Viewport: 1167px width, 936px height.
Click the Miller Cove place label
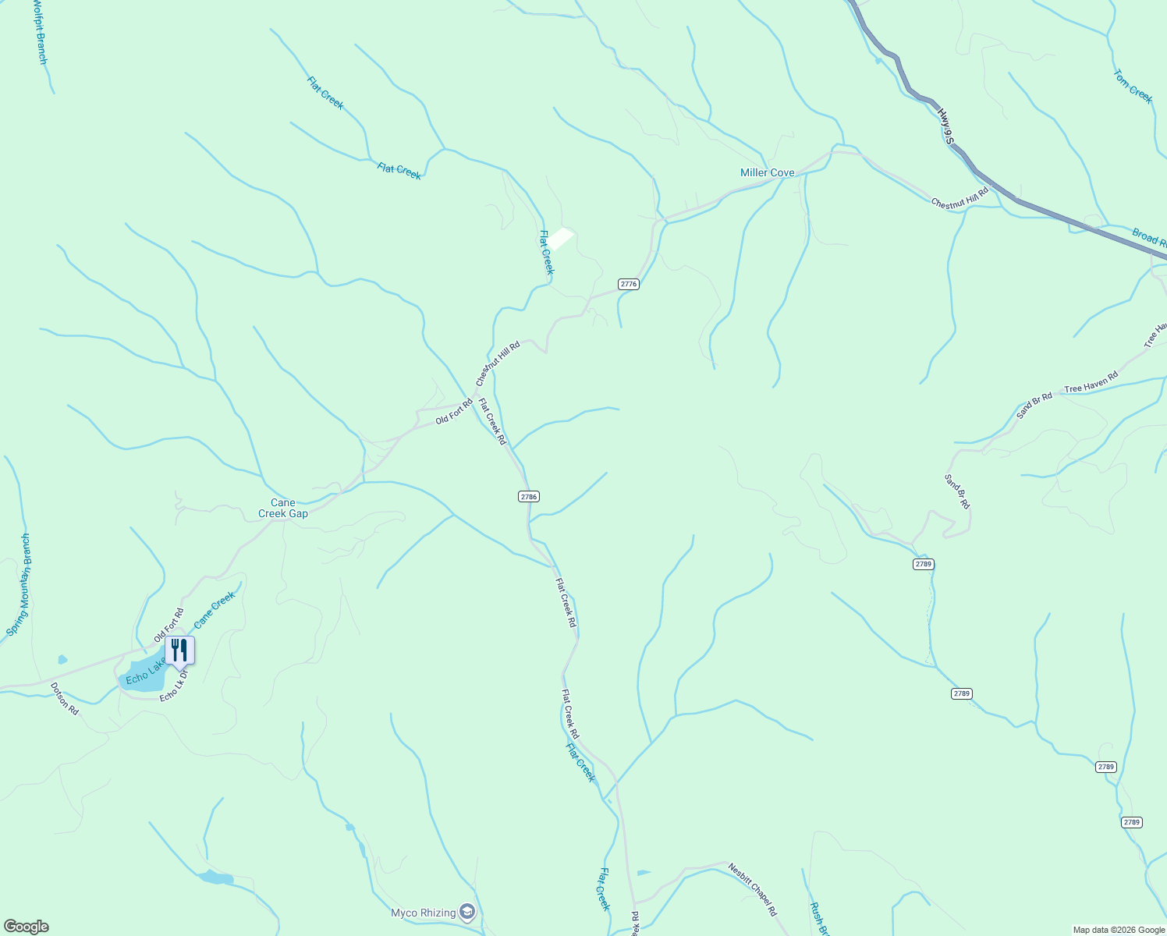pos(767,173)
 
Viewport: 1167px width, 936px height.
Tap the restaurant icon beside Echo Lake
pos(179,650)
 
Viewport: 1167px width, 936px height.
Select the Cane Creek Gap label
pos(283,509)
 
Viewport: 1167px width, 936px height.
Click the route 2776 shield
pos(629,284)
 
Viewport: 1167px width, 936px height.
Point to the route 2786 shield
pos(529,496)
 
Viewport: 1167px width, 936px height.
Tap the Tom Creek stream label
pos(1133,87)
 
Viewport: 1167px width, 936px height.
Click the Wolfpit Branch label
pos(40,32)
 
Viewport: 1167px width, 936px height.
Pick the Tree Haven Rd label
pos(1091,382)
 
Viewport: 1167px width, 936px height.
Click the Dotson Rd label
pos(65,699)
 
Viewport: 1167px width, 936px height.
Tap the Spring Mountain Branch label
pos(18,585)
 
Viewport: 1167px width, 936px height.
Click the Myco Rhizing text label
pos(424,913)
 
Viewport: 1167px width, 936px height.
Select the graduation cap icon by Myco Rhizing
pos(467,912)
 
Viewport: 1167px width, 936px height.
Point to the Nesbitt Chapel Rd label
pos(753,889)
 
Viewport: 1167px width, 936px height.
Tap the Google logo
pos(26,927)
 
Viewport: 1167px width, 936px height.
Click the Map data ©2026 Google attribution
pos(1118,930)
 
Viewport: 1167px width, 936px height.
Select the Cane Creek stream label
pos(215,610)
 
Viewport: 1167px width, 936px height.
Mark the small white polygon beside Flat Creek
pos(561,238)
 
